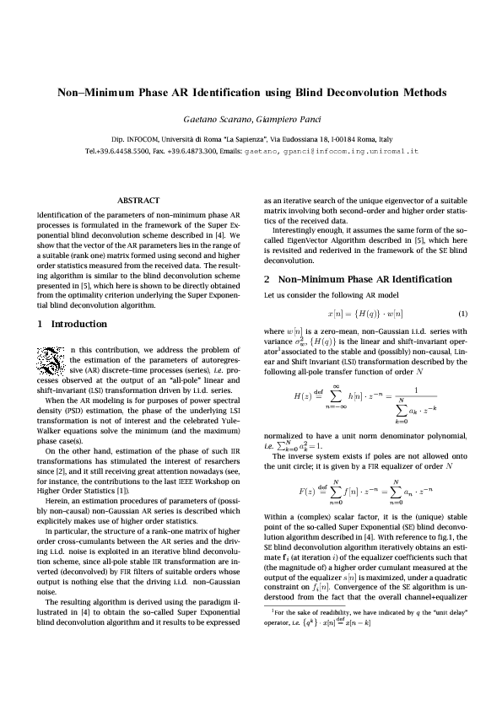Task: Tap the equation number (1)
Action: point(462,314)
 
